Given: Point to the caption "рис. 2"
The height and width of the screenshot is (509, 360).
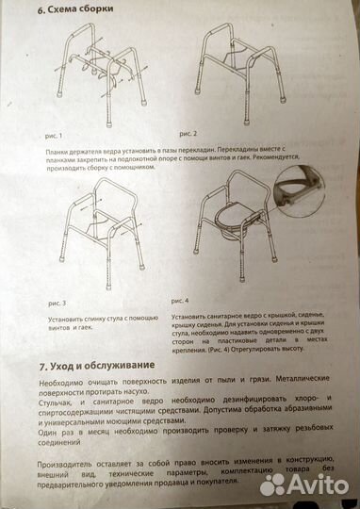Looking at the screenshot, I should click(188, 134).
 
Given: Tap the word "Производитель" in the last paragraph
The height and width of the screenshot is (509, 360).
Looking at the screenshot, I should click(67, 466).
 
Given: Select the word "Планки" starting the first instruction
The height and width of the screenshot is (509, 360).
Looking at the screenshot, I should click(57, 151).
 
